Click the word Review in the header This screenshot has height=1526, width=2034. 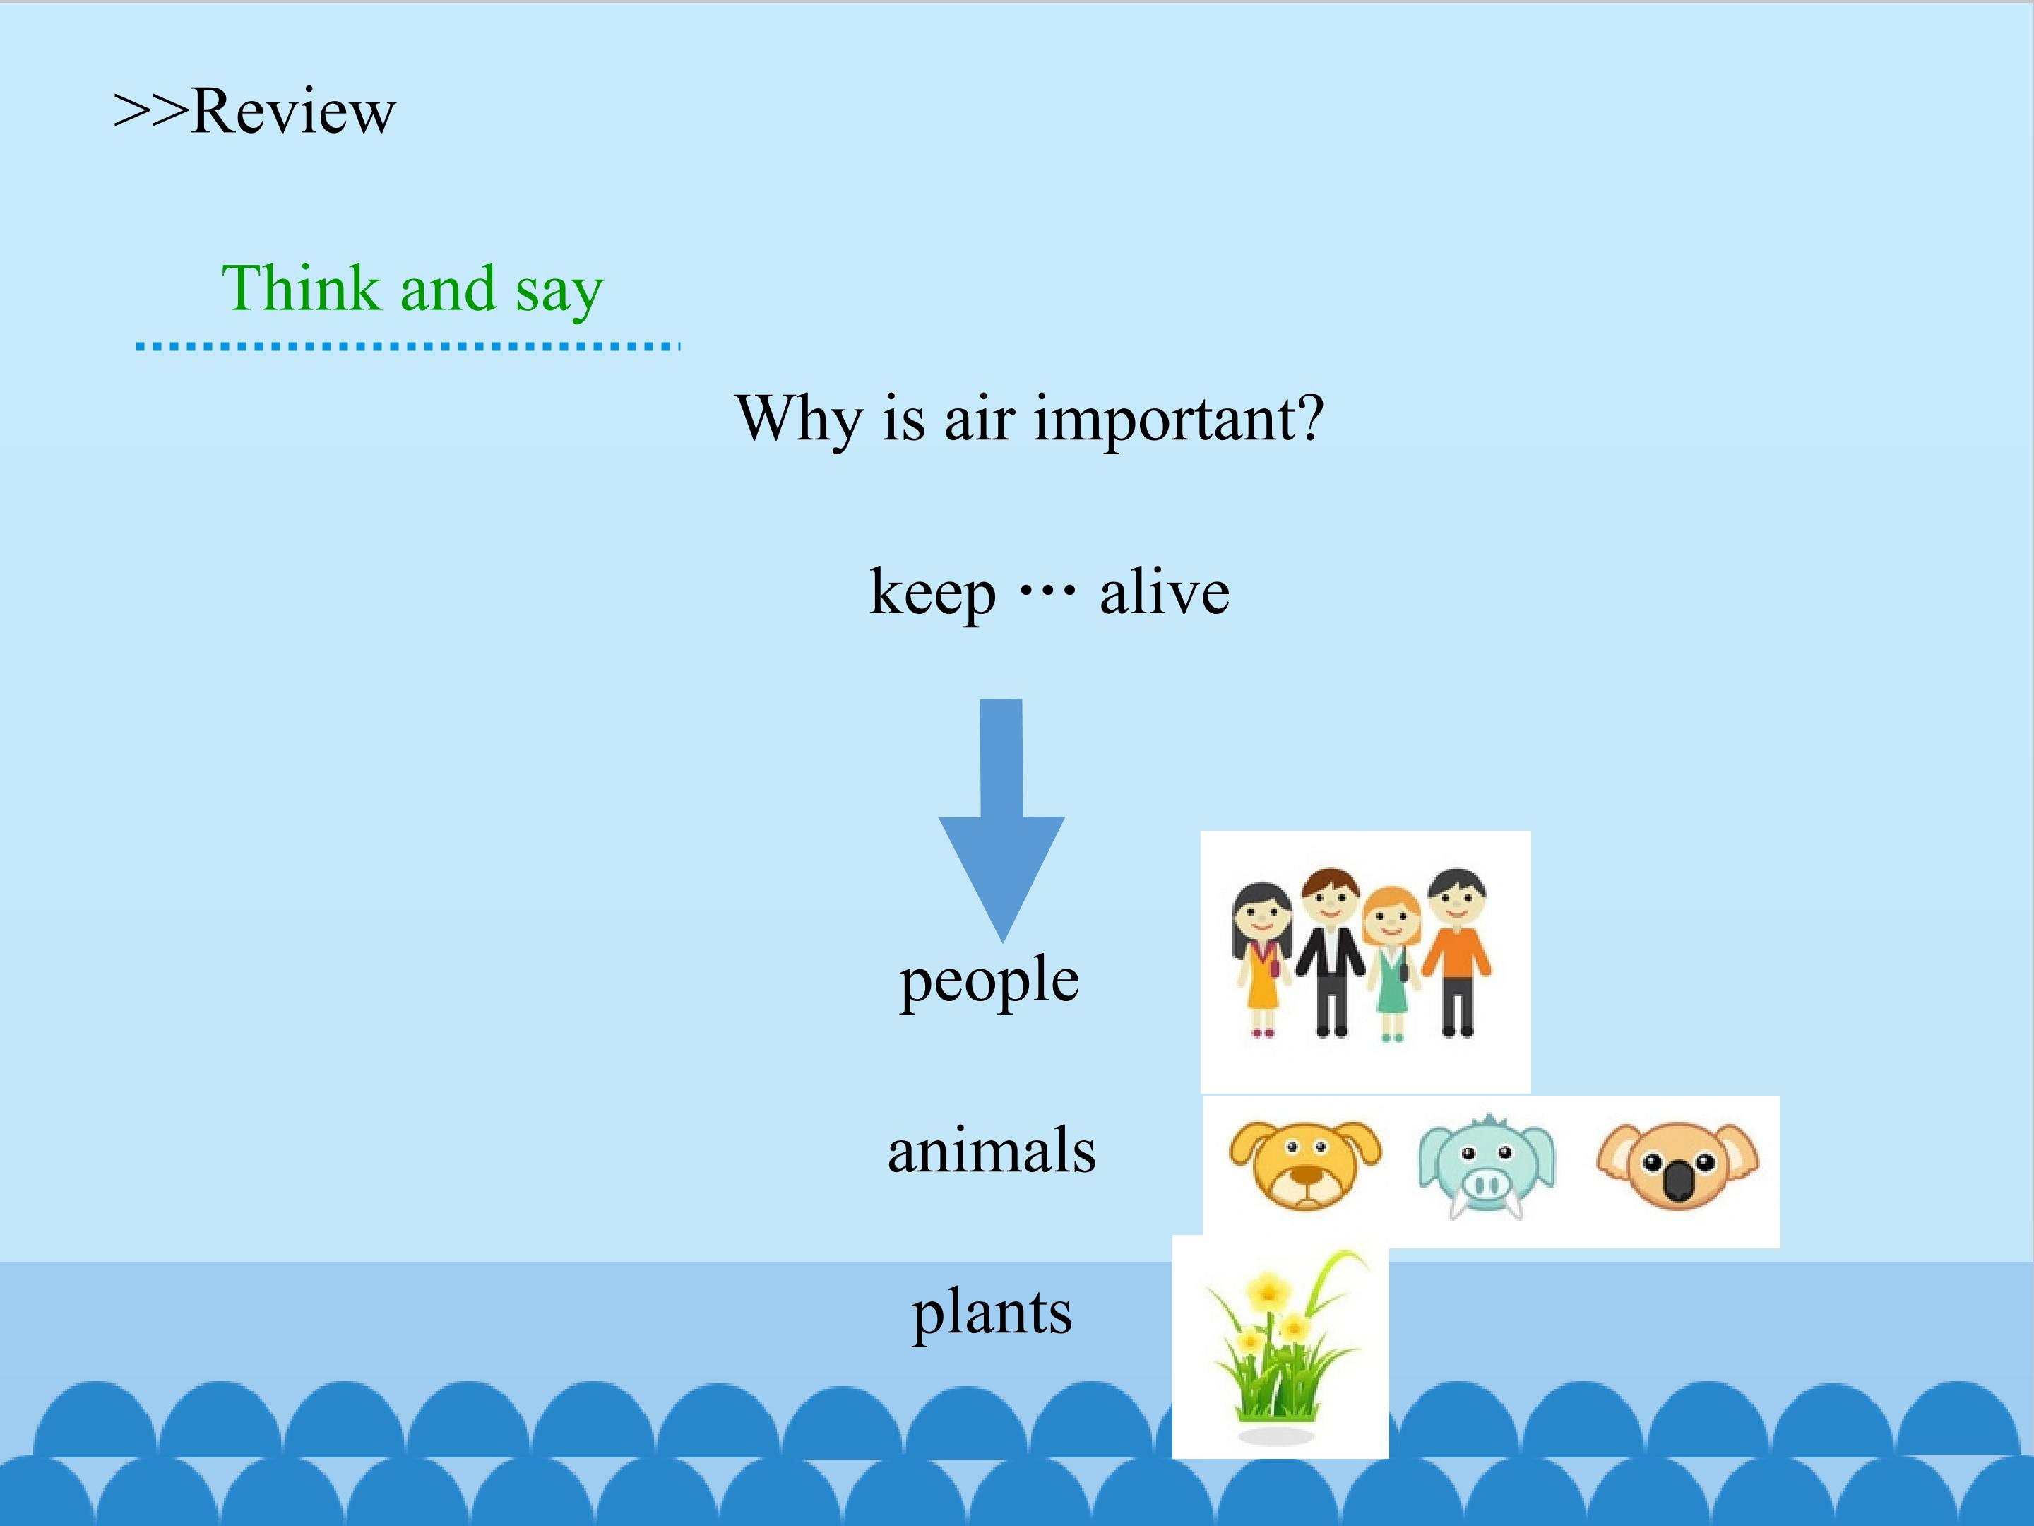(293, 112)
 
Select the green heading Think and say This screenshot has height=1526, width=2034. (413, 289)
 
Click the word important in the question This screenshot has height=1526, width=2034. (1179, 420)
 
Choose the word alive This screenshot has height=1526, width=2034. (1165, 591)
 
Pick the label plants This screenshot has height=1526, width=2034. (992, 1313)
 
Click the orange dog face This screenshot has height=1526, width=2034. (1305, 1164)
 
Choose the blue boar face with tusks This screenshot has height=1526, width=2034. (1487, 1166)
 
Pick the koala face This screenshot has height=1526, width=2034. (1678, 1166)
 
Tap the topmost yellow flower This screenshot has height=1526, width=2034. (1270, 1291)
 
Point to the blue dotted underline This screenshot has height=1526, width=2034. (408, 347)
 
